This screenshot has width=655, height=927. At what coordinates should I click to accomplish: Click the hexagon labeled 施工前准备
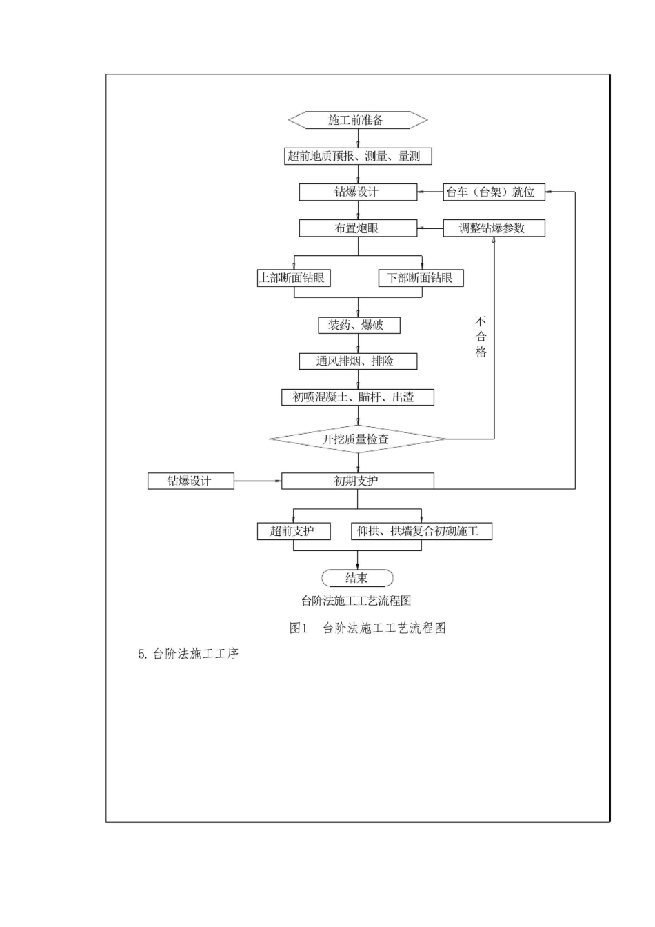[x=358, y=120]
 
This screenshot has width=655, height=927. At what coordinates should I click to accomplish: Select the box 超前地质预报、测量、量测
[x=358, y=156]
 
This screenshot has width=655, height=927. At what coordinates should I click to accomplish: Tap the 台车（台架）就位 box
[x=494, y=192]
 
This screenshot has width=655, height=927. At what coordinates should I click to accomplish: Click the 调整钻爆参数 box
[x=494, y=228]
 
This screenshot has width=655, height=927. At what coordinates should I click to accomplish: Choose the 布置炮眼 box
[x=358, y=228]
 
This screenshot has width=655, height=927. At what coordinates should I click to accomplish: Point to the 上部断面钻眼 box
[x=294, y=278]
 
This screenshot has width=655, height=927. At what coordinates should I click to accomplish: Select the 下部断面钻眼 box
[x=421, y=278]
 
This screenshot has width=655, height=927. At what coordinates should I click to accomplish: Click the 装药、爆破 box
[x=359, y=326]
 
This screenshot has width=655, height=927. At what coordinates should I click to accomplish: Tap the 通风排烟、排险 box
[x=358, y=361]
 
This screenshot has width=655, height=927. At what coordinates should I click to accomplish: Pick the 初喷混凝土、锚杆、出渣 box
[x=358, y=397]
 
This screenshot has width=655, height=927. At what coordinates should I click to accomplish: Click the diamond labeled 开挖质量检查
[x=358, y=439]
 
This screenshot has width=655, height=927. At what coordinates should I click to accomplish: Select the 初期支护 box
[x=358, y=481]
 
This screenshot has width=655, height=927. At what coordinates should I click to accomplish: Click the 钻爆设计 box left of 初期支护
[x=191, y=481]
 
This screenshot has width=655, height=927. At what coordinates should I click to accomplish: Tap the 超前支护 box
[x=294, y=531]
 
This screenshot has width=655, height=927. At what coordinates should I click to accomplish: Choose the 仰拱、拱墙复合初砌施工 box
[x=422, y=531]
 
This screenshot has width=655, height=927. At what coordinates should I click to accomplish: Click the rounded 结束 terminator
[x=357, y=578]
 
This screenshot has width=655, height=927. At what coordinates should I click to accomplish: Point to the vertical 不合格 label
[x=481, y=337]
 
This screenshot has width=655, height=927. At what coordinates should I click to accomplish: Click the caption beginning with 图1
[x=367, y=628]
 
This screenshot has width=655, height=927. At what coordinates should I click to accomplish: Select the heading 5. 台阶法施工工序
[x=188, y=654]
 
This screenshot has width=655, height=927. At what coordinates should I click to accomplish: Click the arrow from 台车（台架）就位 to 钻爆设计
[x=430, y=192]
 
